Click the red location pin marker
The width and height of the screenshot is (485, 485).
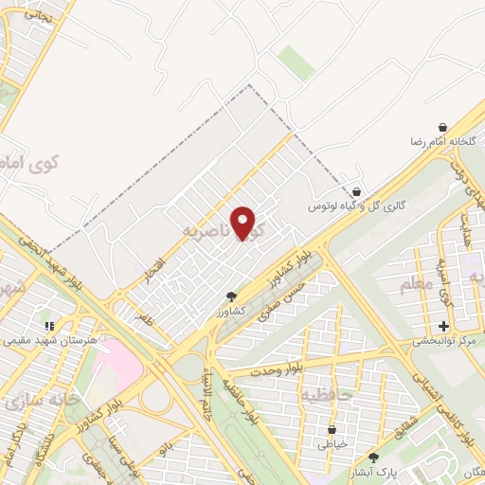pyautogui.click(x=244, y=224)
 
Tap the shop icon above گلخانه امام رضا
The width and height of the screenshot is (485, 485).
pyautogui.click(x=442, y=127)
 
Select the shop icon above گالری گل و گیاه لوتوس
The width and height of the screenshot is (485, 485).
pyautogui.click(x=356, y=190)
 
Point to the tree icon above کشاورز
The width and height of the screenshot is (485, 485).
pyautogui.click(x=232, y=297)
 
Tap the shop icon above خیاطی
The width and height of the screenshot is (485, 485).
pyautogui.click(x=333, y=428)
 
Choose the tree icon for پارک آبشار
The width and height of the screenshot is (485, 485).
pyautogui.click(x=372, y=458)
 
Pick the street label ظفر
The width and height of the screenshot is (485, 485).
pyautogui.click(x=143, y=320)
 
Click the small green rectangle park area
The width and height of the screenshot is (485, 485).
pyautogui.click(x=296, y=63)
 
